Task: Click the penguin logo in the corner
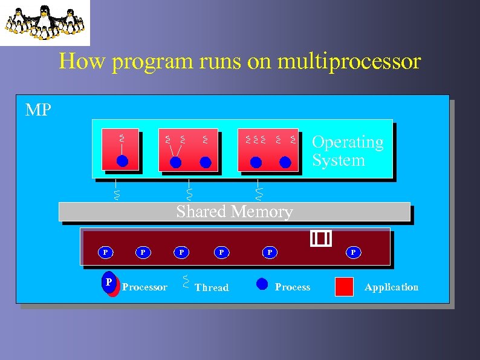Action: [45, 22]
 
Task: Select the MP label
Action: [38, 110]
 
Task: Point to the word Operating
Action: [348, 142]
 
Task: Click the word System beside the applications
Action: [339, 160]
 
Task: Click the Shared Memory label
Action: [235, 212]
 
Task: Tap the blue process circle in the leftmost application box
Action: [122, 161]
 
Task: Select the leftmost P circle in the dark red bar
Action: [105, 252]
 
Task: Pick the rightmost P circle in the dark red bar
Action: [354, 252]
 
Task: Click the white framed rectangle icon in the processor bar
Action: [321, 239]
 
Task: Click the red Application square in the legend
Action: [344, 287]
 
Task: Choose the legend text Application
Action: [391, 287]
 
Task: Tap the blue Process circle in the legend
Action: [262, 284]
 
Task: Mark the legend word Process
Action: [293, 287]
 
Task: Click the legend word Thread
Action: [212, 288]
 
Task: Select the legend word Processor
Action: [144, 287]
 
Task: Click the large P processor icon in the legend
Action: [109, 283]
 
